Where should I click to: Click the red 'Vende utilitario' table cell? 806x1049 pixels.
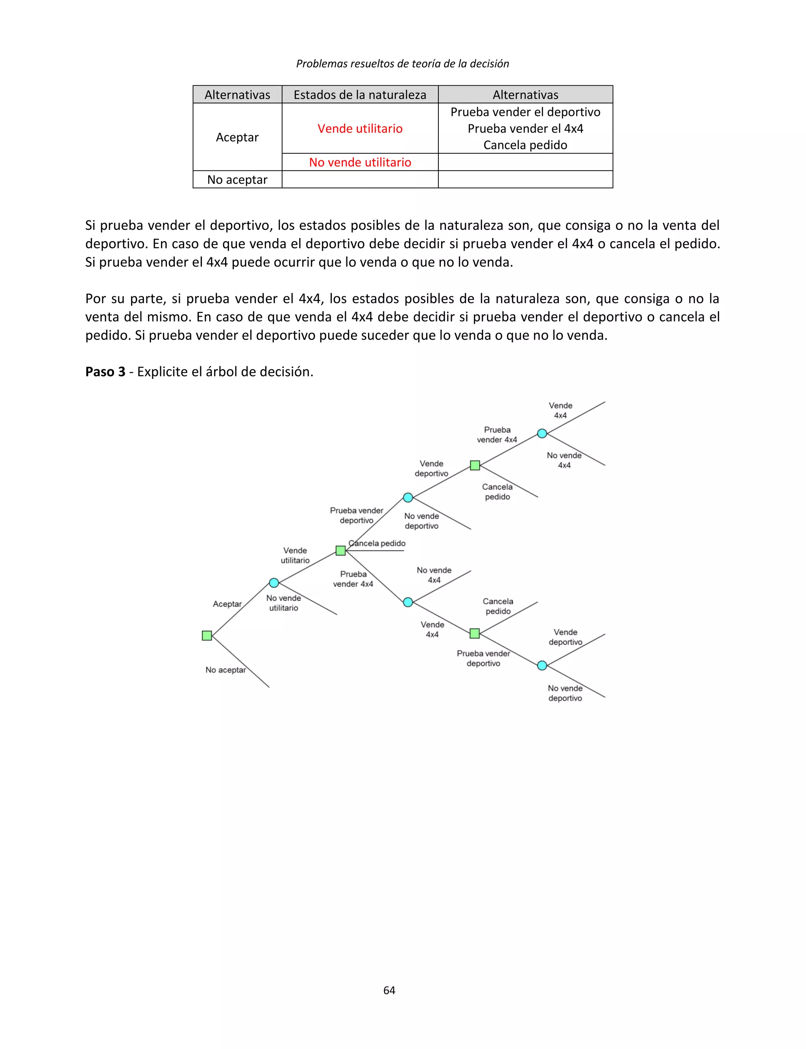coord(360,129)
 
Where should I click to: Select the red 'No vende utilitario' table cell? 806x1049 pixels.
coord(360,162)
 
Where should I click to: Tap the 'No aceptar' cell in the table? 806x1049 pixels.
coord(237,179)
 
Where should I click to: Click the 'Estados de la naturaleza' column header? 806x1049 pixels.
coord(360,94)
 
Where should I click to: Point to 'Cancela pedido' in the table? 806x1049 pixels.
coord(525,145)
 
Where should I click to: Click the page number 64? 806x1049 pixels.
coord(389,990)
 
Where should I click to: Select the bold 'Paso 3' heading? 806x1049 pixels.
coord(105,372)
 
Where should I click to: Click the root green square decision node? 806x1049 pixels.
coord(207,635)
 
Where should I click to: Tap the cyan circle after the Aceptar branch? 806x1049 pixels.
coord(274,583)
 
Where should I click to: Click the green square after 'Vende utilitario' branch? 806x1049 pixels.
coord(341,550)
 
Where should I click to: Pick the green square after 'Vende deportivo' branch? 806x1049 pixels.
coord(475,465)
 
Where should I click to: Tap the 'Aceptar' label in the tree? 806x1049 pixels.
coord(227,604)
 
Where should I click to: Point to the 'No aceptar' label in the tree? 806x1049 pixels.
coord(226,670)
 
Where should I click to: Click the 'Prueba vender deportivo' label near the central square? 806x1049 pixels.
coord(357,515)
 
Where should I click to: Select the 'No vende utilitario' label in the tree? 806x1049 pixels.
coord(283,603)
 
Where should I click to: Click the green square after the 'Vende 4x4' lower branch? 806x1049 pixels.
coord(475,633)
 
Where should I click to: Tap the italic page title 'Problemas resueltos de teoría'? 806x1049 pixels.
coord(403,63)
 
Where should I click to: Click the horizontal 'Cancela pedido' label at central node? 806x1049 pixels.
coord(377,543)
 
